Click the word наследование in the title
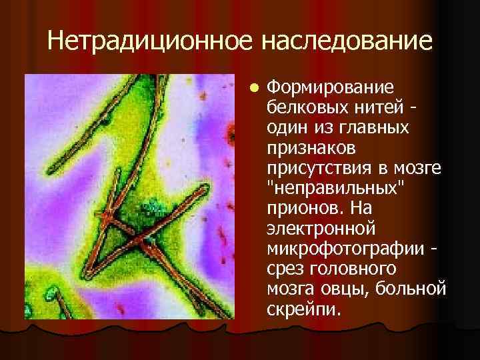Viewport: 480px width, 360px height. (x=347, y=41)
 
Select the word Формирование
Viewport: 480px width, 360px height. (x=329, y=88)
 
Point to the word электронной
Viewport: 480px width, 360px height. (x=321, y=229)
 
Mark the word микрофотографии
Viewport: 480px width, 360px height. (x=345, y=247)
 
